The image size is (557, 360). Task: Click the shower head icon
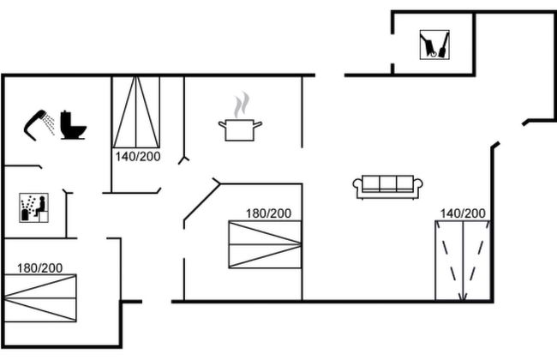(x=36, y=122)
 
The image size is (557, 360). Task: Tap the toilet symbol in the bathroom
(x=74, y=125)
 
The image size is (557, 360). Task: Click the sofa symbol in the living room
(x=388, y=186)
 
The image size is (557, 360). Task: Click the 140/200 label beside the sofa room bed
(x=463, y=213)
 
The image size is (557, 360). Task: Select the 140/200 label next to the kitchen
(x=136, y=158)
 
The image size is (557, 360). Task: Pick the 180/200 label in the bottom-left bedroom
(x=39, y=267)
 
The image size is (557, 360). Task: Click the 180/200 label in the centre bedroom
(x=268, y=213)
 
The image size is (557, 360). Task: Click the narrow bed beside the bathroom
(x=136, y=111)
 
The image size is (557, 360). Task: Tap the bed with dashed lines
(x=462, y=260)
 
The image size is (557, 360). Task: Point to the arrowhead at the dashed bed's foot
(x=462, y=297)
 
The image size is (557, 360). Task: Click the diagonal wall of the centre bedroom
(x=200, y=204)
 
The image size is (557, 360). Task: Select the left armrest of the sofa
(x=358, y=186)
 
